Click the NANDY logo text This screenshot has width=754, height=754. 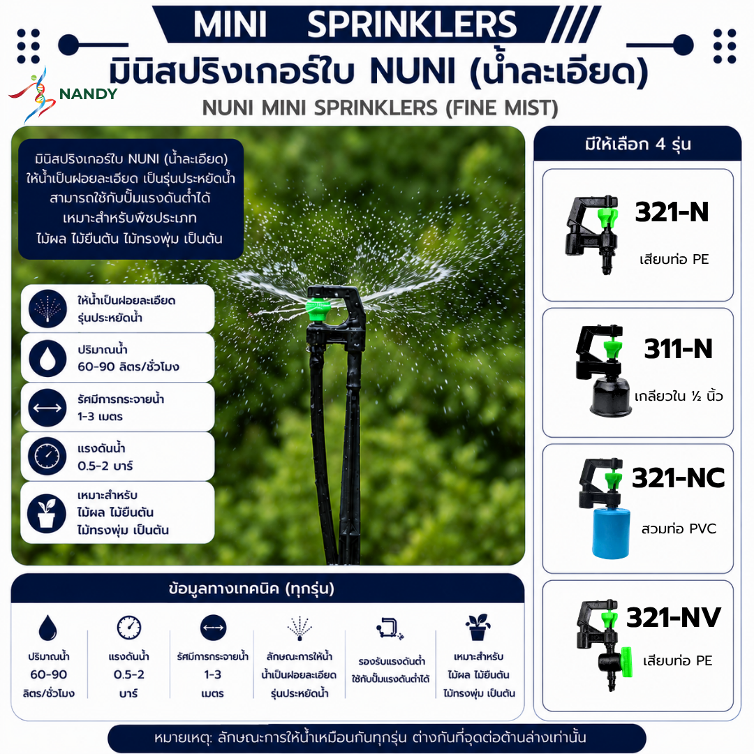(x=88, y=94)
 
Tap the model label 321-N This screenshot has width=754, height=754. (x=672, y=212)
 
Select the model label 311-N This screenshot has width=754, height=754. (x=678, y=348)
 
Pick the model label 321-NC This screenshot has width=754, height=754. (x=678, y=478)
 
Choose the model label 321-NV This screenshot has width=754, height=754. (x=673, y=617)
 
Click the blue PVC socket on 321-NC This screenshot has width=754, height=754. (x=611, y=532)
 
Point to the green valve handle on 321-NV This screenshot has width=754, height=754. (x=626, y=662)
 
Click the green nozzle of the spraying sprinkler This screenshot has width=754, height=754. (x=318, y=310)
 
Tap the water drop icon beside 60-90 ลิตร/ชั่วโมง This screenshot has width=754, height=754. (x=47, y=358)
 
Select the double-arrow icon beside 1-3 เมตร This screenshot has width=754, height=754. (x=47, y=408)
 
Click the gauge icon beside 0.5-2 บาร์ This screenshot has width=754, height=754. (x=47, y=457)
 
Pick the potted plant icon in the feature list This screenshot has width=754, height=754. (x=47, y=513)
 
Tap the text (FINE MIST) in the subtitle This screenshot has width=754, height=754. (x=501, y=108)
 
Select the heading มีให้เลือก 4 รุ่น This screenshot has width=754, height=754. (x=637, y=145)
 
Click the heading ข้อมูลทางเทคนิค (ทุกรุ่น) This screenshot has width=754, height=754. (x=251, y=588)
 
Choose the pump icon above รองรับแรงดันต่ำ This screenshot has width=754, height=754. (x=390, y=628)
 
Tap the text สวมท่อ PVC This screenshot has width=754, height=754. (x=679, y=529)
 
